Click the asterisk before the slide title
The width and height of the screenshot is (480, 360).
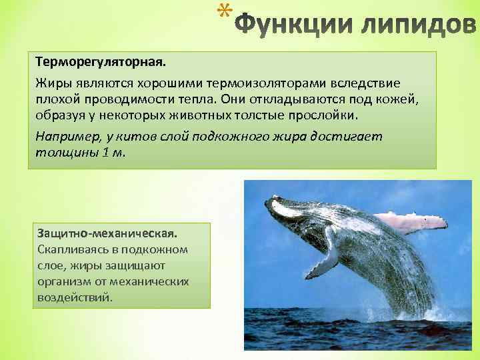point(227,11)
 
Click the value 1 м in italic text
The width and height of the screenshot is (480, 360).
point(112,151)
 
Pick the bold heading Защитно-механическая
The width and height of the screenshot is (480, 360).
point(107,234)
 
